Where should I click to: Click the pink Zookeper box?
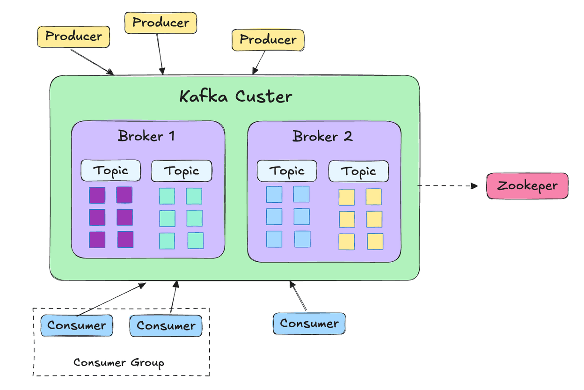click(x=527, y=186)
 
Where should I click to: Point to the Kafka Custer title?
click(x=236, y=96)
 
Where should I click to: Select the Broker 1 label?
click(x=146, y=136)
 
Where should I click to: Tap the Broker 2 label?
click(x=322, y=136)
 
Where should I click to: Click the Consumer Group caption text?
click(x=119, y=363)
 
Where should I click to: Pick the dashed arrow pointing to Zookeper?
click(x=447, y=186)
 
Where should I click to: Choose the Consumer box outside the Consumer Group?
click(x=309, y=324)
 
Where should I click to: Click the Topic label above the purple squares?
click(x=111, y=170)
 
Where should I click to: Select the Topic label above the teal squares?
click(x=182, y=171)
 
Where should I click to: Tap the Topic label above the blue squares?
click(x=287, y=171)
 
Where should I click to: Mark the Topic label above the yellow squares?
click(x=358, y=172)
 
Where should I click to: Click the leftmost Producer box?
click(x=73, y=37)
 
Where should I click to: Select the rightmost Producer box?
click(x=268, y=40)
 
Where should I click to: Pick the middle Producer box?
click(x=161, y=22)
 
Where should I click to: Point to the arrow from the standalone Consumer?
click(x=298, y=296)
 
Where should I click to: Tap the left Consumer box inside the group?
click(x=76, y=325)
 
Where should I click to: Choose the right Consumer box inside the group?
click(x=166, y=326)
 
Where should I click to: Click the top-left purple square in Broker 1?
click(x=97, y=195)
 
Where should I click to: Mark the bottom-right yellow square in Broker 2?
click(x=375, y=242)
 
